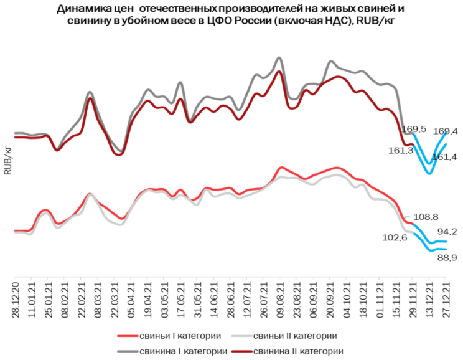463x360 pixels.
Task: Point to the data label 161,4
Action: click(445, 157)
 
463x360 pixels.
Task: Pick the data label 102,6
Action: click(394, 237)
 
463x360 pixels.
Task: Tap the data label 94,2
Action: click(446, 232)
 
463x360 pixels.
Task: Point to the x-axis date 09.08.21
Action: click(278, 301)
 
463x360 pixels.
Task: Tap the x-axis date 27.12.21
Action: click(446, 301)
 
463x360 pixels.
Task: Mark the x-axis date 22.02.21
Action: click(81, 301)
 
